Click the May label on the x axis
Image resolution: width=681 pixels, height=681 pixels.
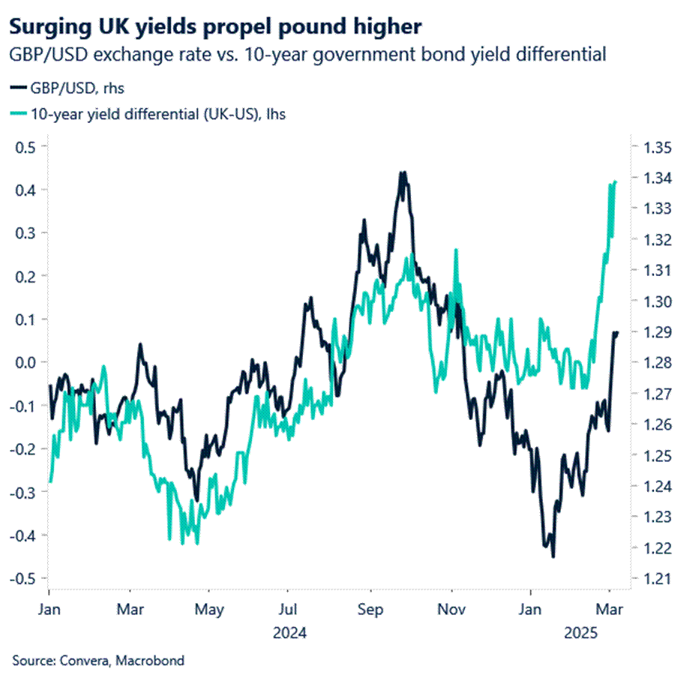tap(209, 609)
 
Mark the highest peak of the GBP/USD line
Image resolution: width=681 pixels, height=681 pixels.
tap(403, 172)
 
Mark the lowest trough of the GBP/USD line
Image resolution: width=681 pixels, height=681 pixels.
tap(553, 556)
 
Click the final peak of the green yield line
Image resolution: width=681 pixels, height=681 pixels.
tap(615, 181)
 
